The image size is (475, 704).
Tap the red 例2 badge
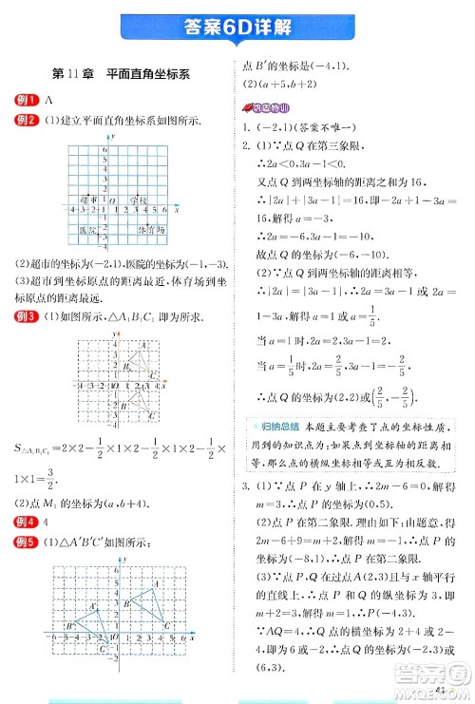[x=27, y=119]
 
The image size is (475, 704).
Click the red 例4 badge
[x=27, y=523]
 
